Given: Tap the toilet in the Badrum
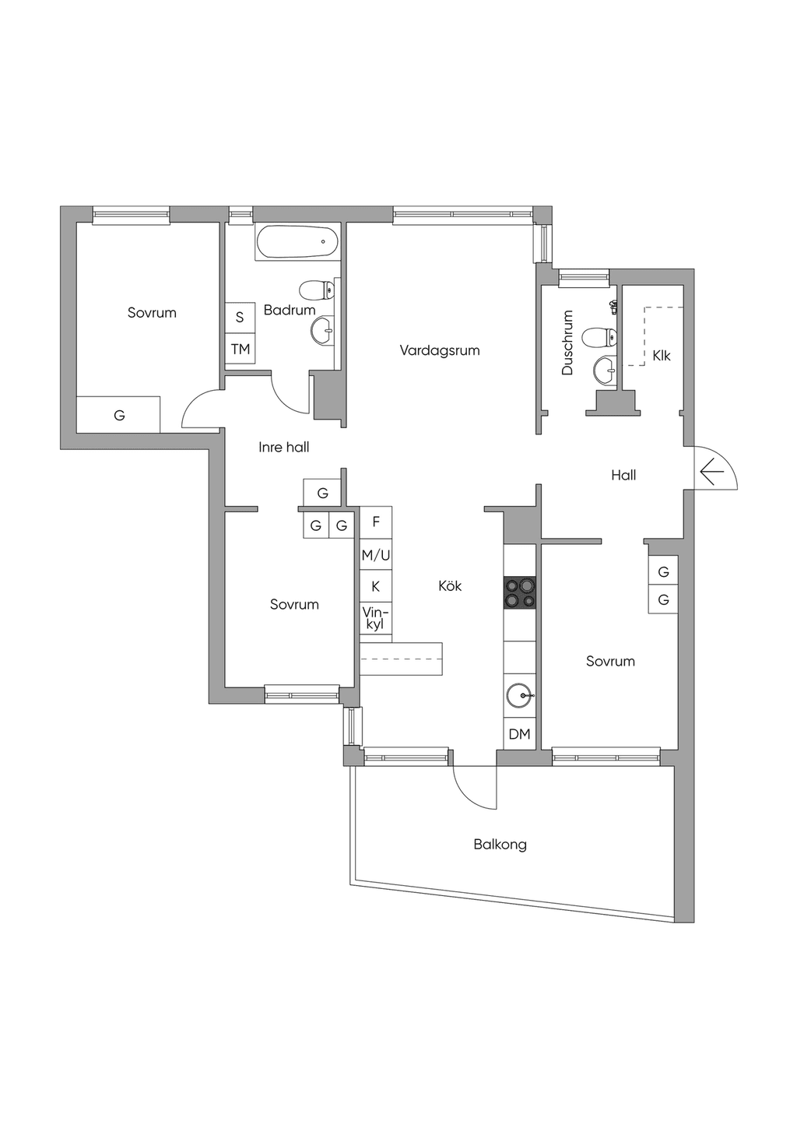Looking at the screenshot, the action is (317, 290).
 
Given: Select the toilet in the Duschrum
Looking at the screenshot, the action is (599, 337).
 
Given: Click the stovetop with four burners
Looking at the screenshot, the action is (520, 592).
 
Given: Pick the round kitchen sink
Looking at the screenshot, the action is (521, 697).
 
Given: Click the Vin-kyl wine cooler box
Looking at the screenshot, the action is (376, 619).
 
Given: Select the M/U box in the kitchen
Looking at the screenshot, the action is (376, 555).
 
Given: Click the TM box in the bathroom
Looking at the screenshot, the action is (241, 349).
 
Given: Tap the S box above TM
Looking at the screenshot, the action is (241, 318).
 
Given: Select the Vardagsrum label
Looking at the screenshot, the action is (440, 350).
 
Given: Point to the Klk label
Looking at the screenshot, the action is (661, 356).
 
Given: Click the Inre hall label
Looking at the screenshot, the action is (284, 447).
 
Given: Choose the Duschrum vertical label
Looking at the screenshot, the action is (567, 343).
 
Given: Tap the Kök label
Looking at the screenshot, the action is (450, 585).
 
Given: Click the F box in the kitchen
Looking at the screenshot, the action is (376, 522).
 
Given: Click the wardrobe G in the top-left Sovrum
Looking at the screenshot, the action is (118, 414).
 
